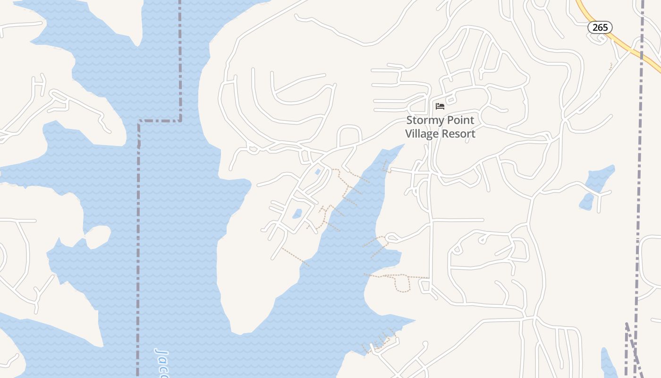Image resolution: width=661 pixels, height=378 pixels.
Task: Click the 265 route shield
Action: (600, 27)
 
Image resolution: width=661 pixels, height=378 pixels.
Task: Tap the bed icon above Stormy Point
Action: (440, 106)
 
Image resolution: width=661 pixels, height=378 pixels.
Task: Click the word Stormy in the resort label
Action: (425, 120)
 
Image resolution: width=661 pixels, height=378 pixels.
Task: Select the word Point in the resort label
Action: (460, 120)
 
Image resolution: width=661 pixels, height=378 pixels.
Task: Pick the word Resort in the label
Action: (458, 134)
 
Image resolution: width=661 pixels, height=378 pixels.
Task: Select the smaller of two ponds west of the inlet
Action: (317, 172)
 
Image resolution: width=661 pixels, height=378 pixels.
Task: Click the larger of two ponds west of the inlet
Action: (297, 214)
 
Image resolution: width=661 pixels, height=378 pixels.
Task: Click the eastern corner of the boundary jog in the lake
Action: (180, 121)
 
